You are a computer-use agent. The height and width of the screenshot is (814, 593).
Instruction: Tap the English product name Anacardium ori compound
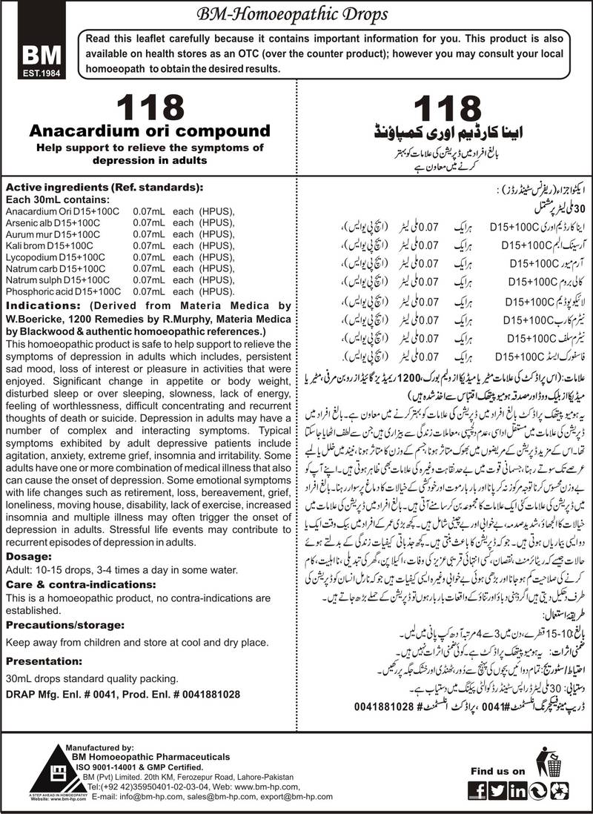pyautogui.click(x=149, y=131)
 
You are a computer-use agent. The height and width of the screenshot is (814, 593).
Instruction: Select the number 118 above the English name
pyautogui.click(x=149, y=107)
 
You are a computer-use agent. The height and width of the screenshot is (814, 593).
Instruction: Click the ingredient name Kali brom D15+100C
pyautogui.click(x=49, y=243)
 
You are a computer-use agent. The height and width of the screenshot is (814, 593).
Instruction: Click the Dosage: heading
pyautogui.click(x=27, y=557)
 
